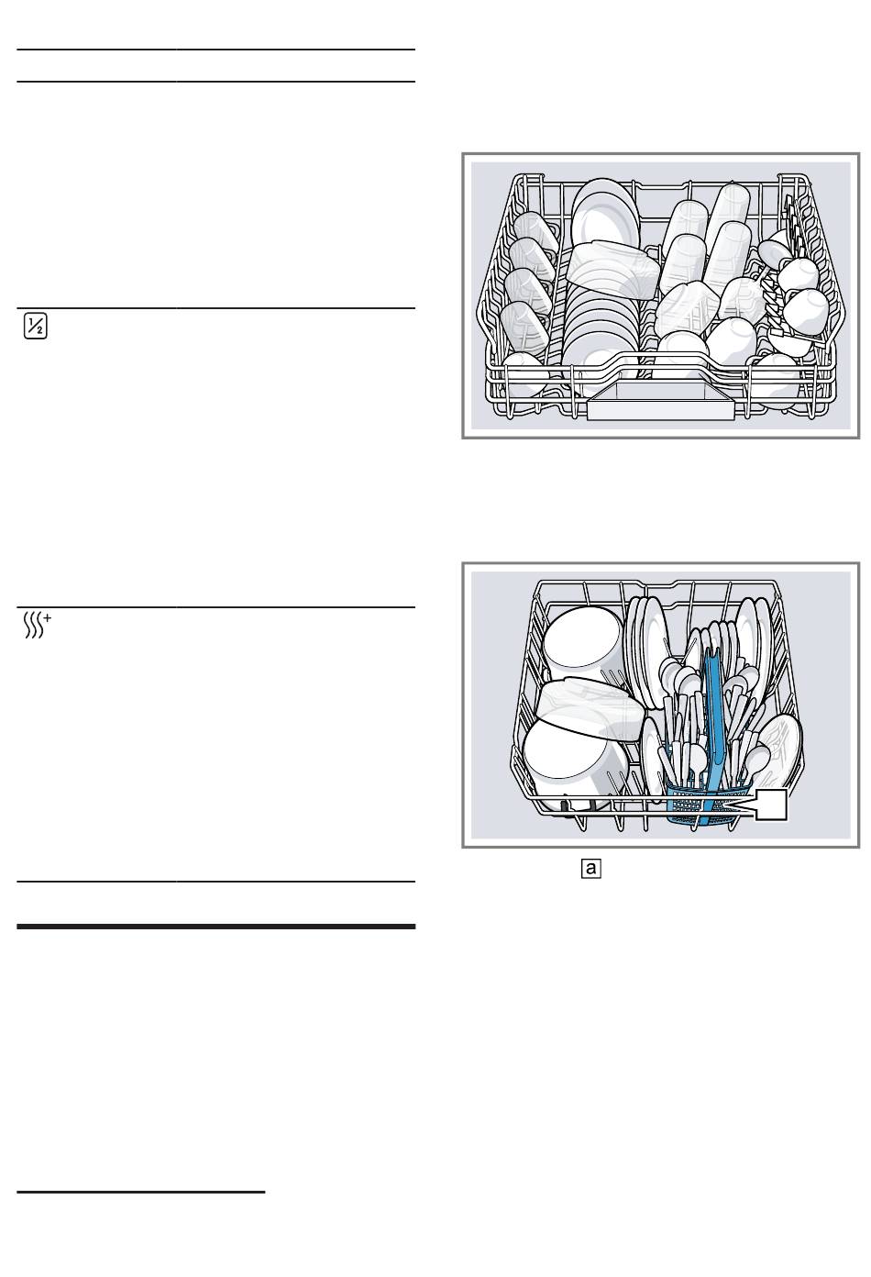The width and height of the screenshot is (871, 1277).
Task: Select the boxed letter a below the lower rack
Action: coord(590,868)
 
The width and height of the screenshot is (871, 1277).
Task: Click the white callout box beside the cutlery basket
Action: coord(771,805)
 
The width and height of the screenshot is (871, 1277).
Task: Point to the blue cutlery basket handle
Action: coord(712,697)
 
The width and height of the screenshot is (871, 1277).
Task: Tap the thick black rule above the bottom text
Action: coord(216,927)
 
